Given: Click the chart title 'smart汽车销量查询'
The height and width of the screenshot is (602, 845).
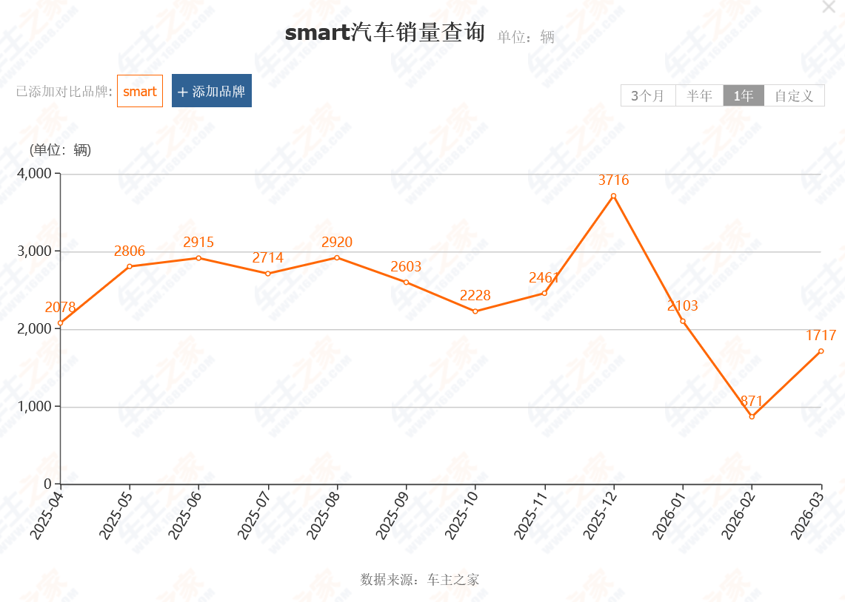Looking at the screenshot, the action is click(385, 33).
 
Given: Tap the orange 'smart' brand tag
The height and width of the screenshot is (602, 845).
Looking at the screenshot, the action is click(140, 91).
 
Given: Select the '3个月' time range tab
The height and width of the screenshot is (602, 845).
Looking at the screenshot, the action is click(648, 95).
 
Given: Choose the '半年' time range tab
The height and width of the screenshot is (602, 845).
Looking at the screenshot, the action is click(700, 95).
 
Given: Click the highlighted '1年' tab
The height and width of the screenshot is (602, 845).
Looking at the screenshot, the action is click(744, 95).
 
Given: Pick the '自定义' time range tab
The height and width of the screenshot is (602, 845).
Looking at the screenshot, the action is click(795, 95).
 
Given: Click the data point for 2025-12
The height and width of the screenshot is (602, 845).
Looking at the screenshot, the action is click(613, 197).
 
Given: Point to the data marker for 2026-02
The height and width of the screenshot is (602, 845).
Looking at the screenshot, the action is click(752, 416).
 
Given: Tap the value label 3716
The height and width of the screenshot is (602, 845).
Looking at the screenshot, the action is click(613, 180).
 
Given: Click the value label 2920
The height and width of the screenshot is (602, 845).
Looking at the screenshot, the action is click(337, 242).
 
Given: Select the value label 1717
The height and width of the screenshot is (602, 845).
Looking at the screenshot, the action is click(821, 335).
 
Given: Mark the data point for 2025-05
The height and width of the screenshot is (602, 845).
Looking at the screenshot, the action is click(130, 266).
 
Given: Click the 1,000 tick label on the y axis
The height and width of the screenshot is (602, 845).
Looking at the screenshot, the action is click(35, 406).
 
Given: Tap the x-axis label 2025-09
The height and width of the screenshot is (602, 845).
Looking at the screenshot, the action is click(392, 515).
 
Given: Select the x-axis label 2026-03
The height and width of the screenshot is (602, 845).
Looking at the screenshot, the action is click(806, 515).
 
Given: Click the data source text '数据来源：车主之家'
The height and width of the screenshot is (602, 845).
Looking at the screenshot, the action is click(419, 579).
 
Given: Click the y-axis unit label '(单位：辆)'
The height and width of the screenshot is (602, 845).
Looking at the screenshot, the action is click(61, 149).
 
